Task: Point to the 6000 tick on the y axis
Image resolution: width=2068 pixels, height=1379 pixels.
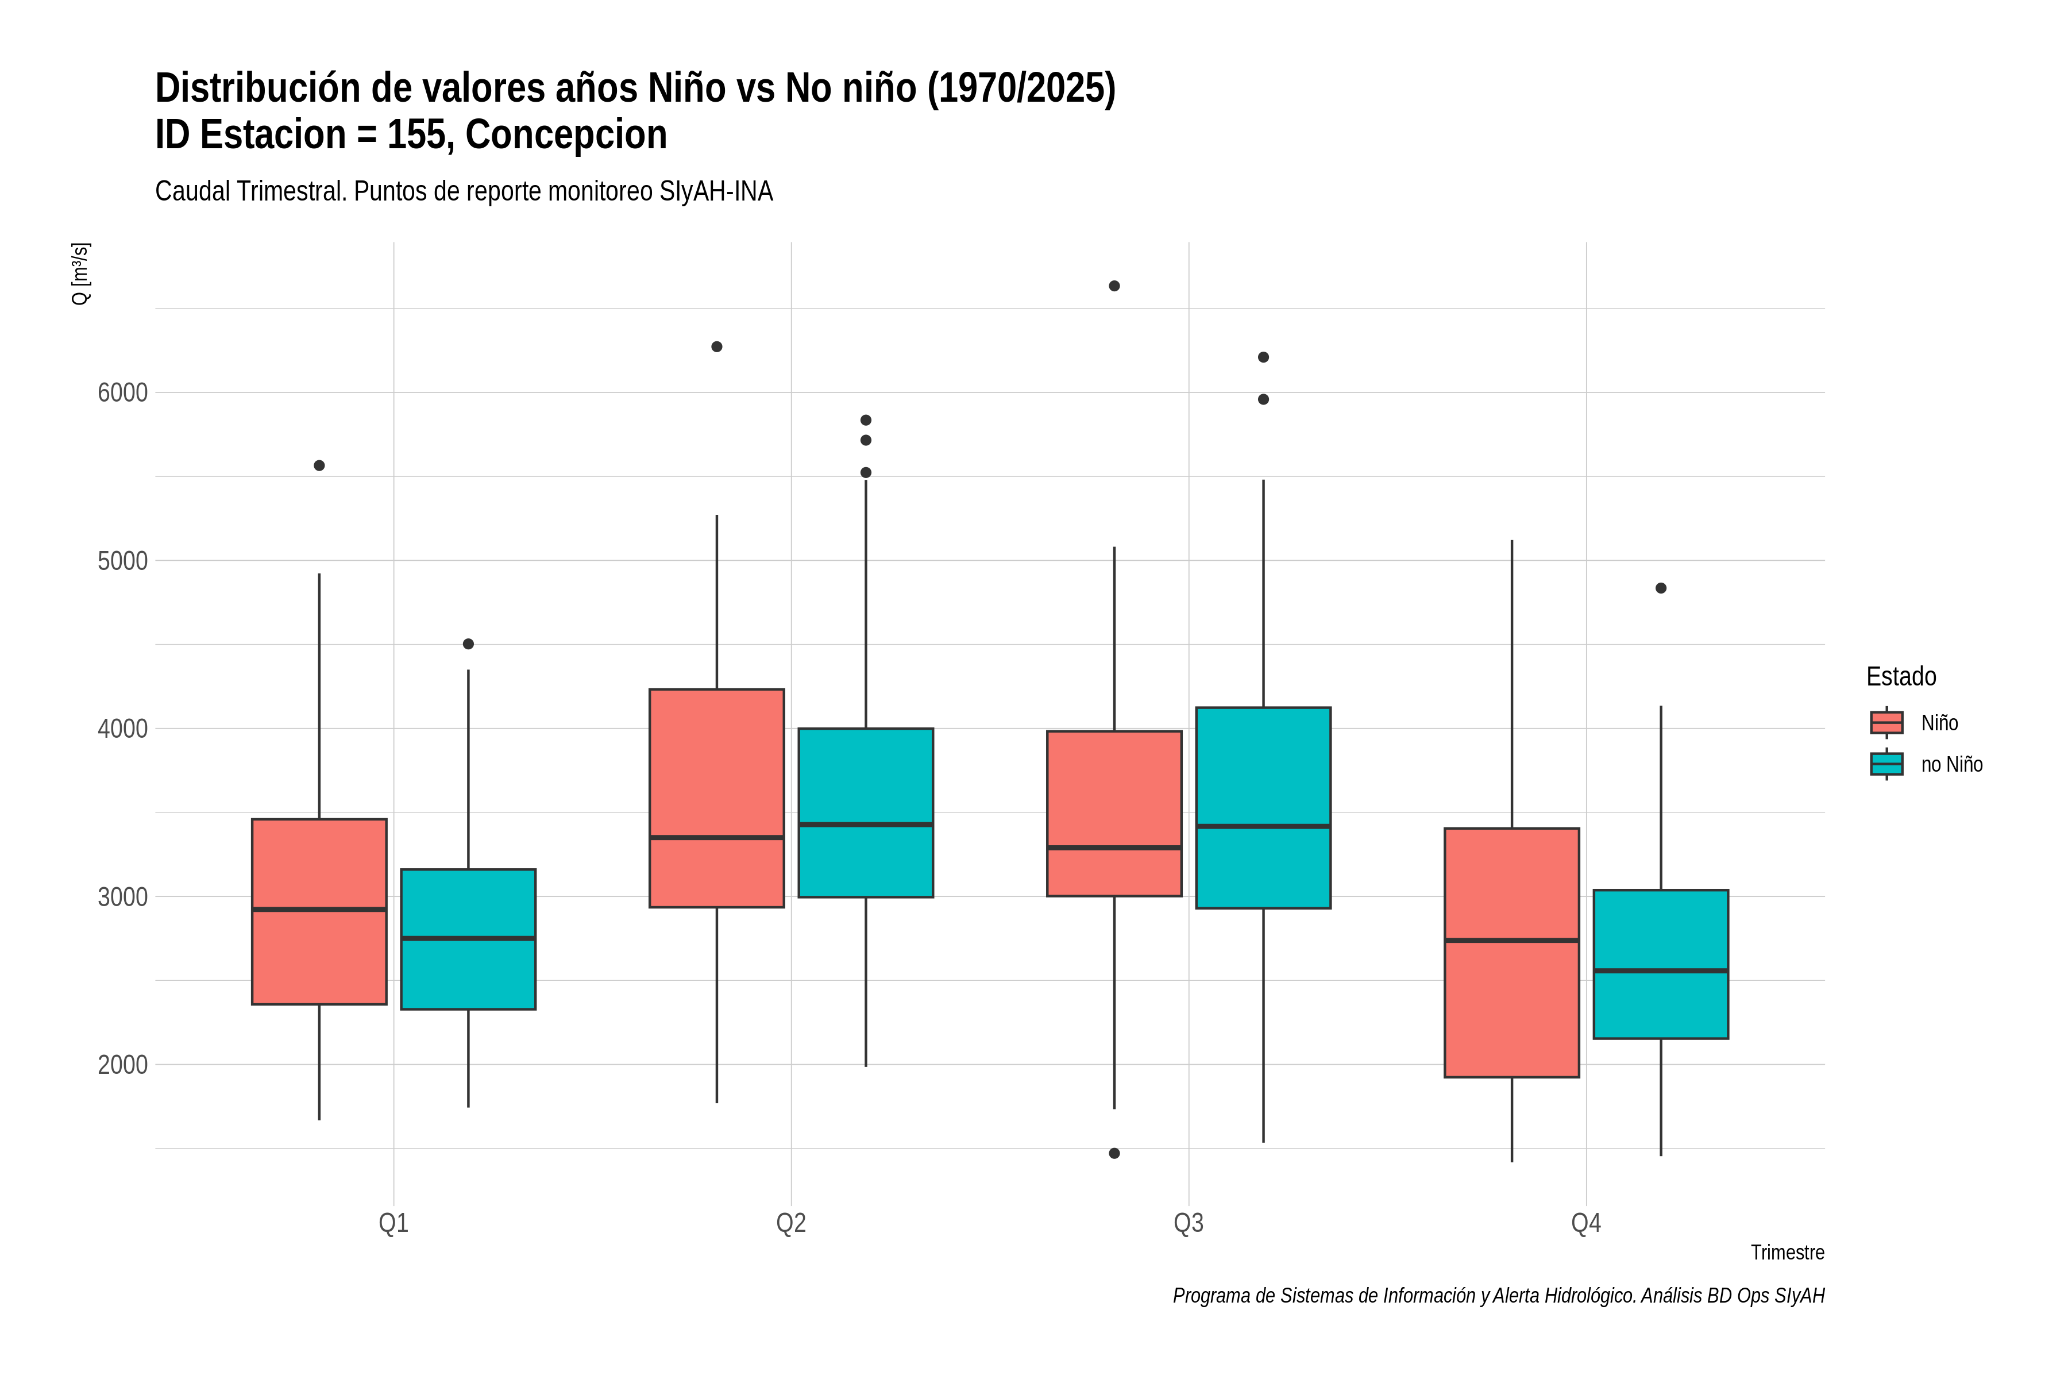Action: click(122, 392)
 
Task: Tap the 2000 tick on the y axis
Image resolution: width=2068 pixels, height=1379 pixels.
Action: click(122, 1065)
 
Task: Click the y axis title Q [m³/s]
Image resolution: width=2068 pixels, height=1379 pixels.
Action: click(80, 274)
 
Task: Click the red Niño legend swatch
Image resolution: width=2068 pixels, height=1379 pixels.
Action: click(1887, 723)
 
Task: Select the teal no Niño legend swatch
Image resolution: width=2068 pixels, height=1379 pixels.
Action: click(1887, 764)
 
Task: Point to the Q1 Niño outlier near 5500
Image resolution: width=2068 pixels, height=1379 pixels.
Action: click(319, 465)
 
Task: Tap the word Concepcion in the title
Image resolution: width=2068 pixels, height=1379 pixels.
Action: click(566, 134)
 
